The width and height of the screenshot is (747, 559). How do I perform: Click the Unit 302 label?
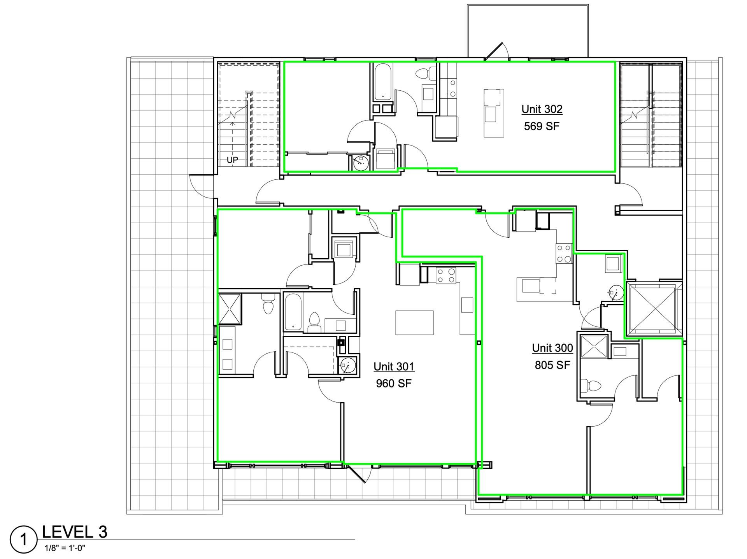pyautogui.click(x=542, y=109)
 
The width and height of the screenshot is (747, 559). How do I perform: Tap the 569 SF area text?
pyautogui.click(x=542, y=126)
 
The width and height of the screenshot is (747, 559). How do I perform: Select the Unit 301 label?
pyautogui.click(x=394, y=366)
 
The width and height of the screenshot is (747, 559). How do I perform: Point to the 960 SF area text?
pyautogui.click(x=394, y=384)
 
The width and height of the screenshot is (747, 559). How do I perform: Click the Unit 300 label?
pyautogui.click(x=552, y=348)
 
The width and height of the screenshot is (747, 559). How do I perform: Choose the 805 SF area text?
pyautogui.click(x=552, y=365)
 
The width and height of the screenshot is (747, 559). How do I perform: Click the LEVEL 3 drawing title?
pyautogui.click(x=74, y=532)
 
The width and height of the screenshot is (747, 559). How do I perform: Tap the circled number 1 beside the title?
pyautogui.click(x=24, y=540)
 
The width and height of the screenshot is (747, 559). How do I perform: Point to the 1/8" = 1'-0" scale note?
pyautogui.click(x=65, y=548)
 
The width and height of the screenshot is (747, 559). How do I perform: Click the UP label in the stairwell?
pyautogui.click(x=233, y=160)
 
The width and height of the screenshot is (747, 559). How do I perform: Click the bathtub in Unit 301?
pyautogui.click(x=293, y=312)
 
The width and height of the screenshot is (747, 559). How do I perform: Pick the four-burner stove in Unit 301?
pyautogui.click(x=446, y=275)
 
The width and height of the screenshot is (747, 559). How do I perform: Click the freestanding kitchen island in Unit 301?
pyautogui.click(x=414, y=322)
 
